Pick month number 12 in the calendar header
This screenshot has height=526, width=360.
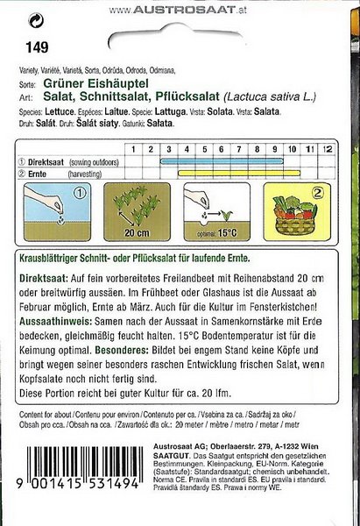[x=328, y=151]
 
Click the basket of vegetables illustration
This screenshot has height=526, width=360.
[x=303, y=219]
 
